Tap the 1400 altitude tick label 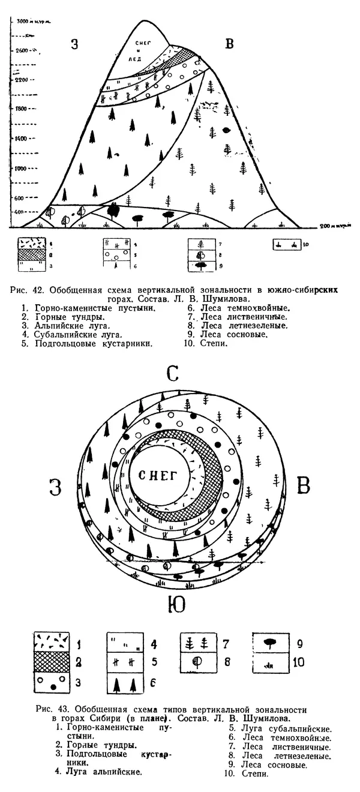(x=22, y=139)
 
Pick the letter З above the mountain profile (x=74, y=44)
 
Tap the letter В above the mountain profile (x=229, y=43)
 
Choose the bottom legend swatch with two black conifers (x=125, y=682)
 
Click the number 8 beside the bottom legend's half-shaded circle (x=227, y=664)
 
